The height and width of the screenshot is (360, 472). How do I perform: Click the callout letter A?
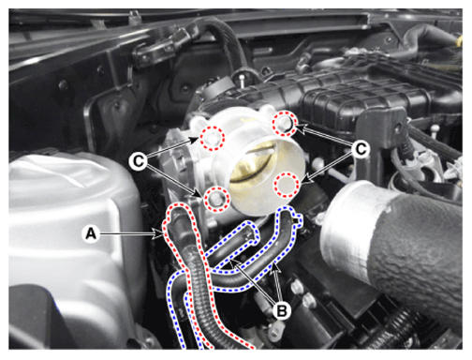[91, 233]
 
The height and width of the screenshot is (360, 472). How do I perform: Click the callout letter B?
[282, 310]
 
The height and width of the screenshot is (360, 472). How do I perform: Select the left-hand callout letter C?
[139, 161]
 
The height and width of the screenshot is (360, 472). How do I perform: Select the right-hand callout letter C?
[361, 149]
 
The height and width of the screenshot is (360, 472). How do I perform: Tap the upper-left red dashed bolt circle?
[213, 138]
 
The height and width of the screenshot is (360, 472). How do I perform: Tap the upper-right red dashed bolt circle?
[285, 124]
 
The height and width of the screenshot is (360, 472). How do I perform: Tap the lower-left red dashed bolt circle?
[216, 199]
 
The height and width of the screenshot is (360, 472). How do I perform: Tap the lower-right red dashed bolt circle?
[287, 185]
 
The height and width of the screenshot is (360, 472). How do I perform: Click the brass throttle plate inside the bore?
[253, 164]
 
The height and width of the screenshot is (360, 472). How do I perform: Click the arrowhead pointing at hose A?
[158, 233]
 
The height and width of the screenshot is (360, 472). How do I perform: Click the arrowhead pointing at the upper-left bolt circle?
[194, 140]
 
